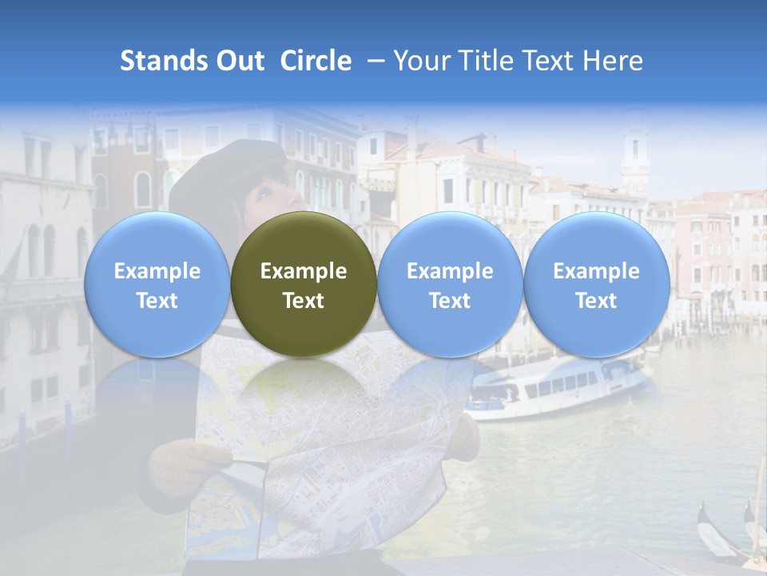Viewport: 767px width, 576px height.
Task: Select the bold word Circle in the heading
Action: (x=316, y=61)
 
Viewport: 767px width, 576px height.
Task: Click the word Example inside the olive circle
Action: (x=304, y=271)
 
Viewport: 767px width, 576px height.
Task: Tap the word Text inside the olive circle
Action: (x=304, y=301)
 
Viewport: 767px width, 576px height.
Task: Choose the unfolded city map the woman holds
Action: (x=336, y=448)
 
